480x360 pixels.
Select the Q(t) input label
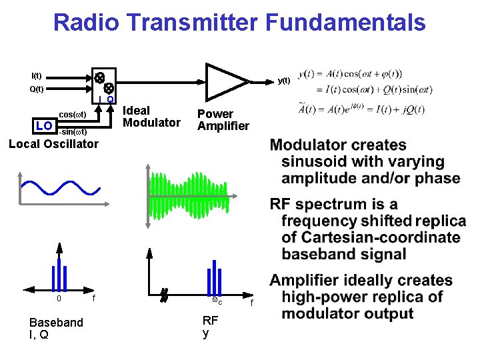coord(37,89)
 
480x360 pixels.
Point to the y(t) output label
coord(284,81)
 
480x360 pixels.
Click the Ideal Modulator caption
coord(152,117)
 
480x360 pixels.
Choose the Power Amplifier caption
coord(223,120)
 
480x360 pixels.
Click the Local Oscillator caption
coord(53,143)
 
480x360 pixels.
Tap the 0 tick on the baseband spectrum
coord(59,299)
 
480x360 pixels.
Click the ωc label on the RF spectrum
coord(215,302)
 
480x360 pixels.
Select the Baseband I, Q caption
coord(56,329)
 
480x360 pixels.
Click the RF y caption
coord(210,327)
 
